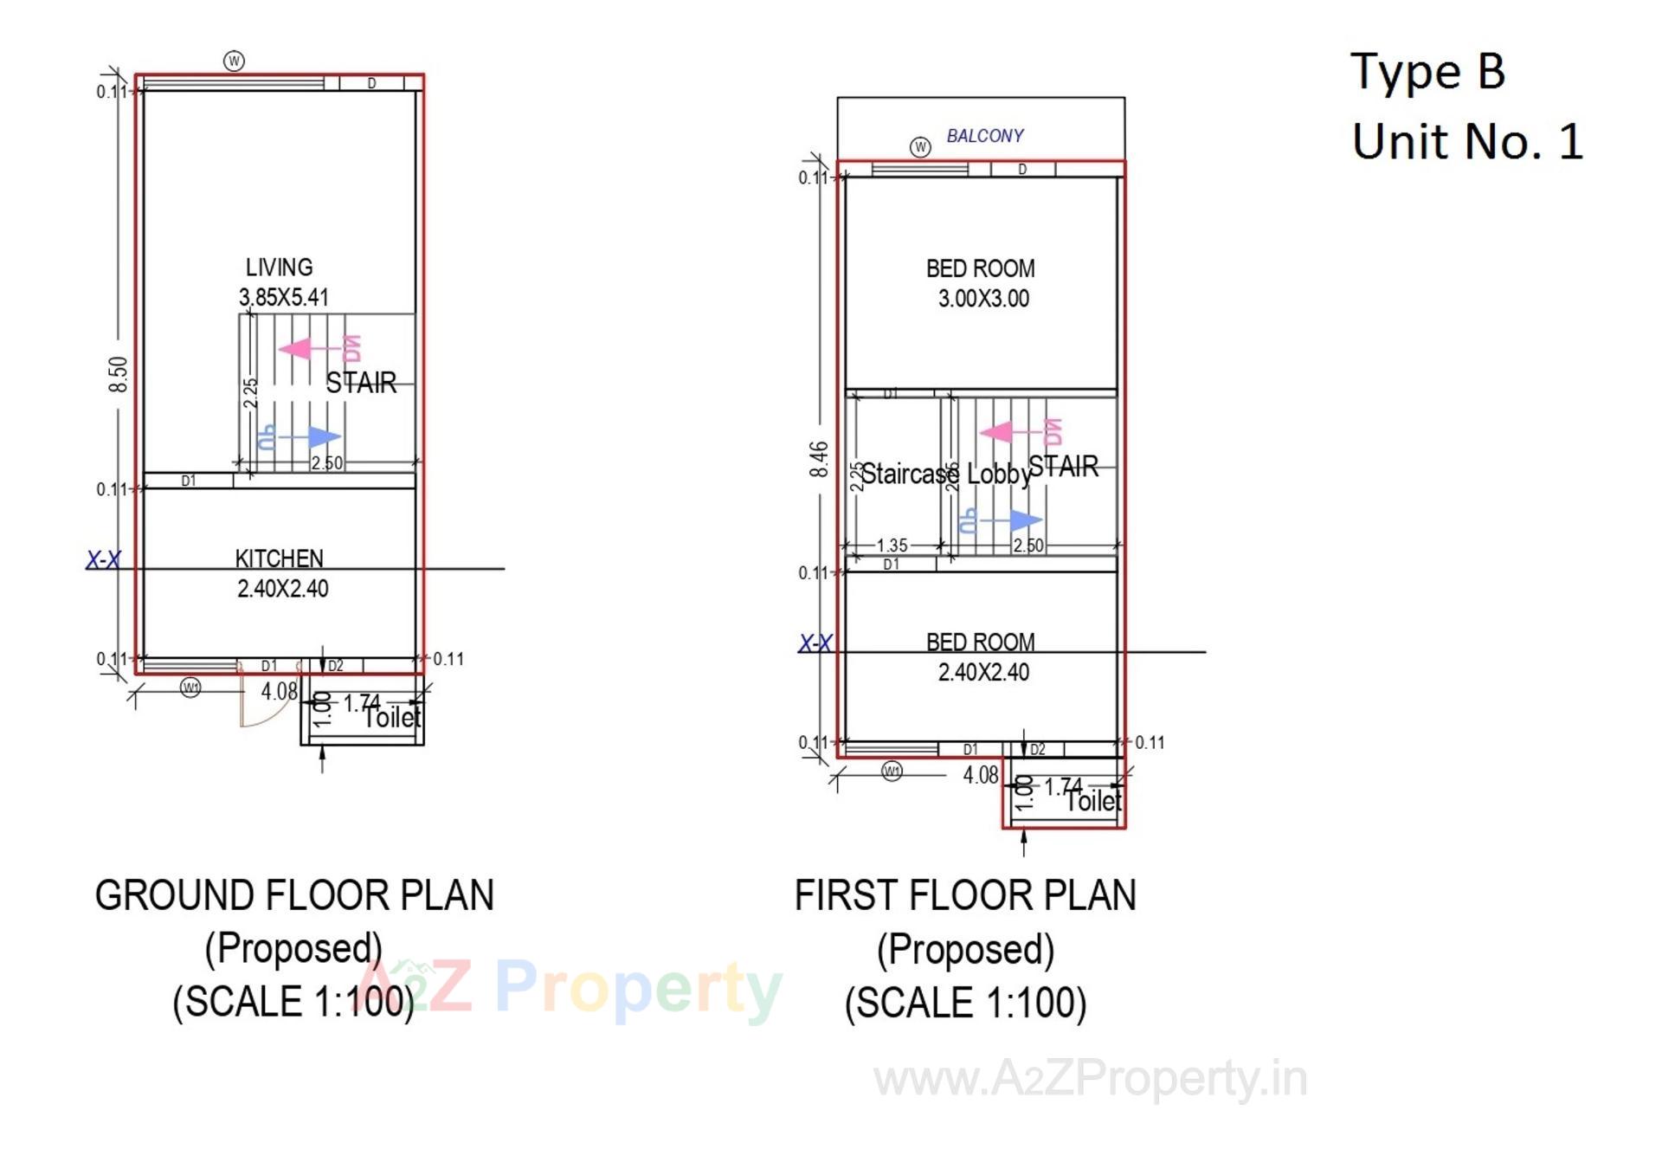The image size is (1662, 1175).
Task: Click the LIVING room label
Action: [279, 268]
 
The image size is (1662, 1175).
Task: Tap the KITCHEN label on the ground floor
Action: [279, 558]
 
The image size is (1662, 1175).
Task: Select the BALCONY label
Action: [984, 136]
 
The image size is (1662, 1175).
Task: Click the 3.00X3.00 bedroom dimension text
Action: [983, 299]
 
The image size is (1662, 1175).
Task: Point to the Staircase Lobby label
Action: [946, 475]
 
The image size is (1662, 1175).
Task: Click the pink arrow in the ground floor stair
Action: [296, 349]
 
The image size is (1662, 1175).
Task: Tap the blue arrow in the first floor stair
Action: [1025, 520]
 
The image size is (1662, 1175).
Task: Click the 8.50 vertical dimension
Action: [119, 374]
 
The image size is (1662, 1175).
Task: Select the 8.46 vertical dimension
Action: [819, 459]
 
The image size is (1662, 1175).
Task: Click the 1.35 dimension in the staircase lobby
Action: [892, 546]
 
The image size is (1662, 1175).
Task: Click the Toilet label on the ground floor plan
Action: [392, 718]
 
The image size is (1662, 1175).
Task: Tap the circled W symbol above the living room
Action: [234, 61]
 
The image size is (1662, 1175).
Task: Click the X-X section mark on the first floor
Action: [815, 643]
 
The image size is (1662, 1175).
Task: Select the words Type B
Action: [1428, 71]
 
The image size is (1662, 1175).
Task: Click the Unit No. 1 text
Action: [1467, 141]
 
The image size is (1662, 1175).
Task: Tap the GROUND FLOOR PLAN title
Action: [294, 895]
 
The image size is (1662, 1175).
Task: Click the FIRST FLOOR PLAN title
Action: [965, 895]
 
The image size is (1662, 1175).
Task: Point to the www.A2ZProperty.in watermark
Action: [1090, 1079]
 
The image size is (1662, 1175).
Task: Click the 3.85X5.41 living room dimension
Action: [284, 298]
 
